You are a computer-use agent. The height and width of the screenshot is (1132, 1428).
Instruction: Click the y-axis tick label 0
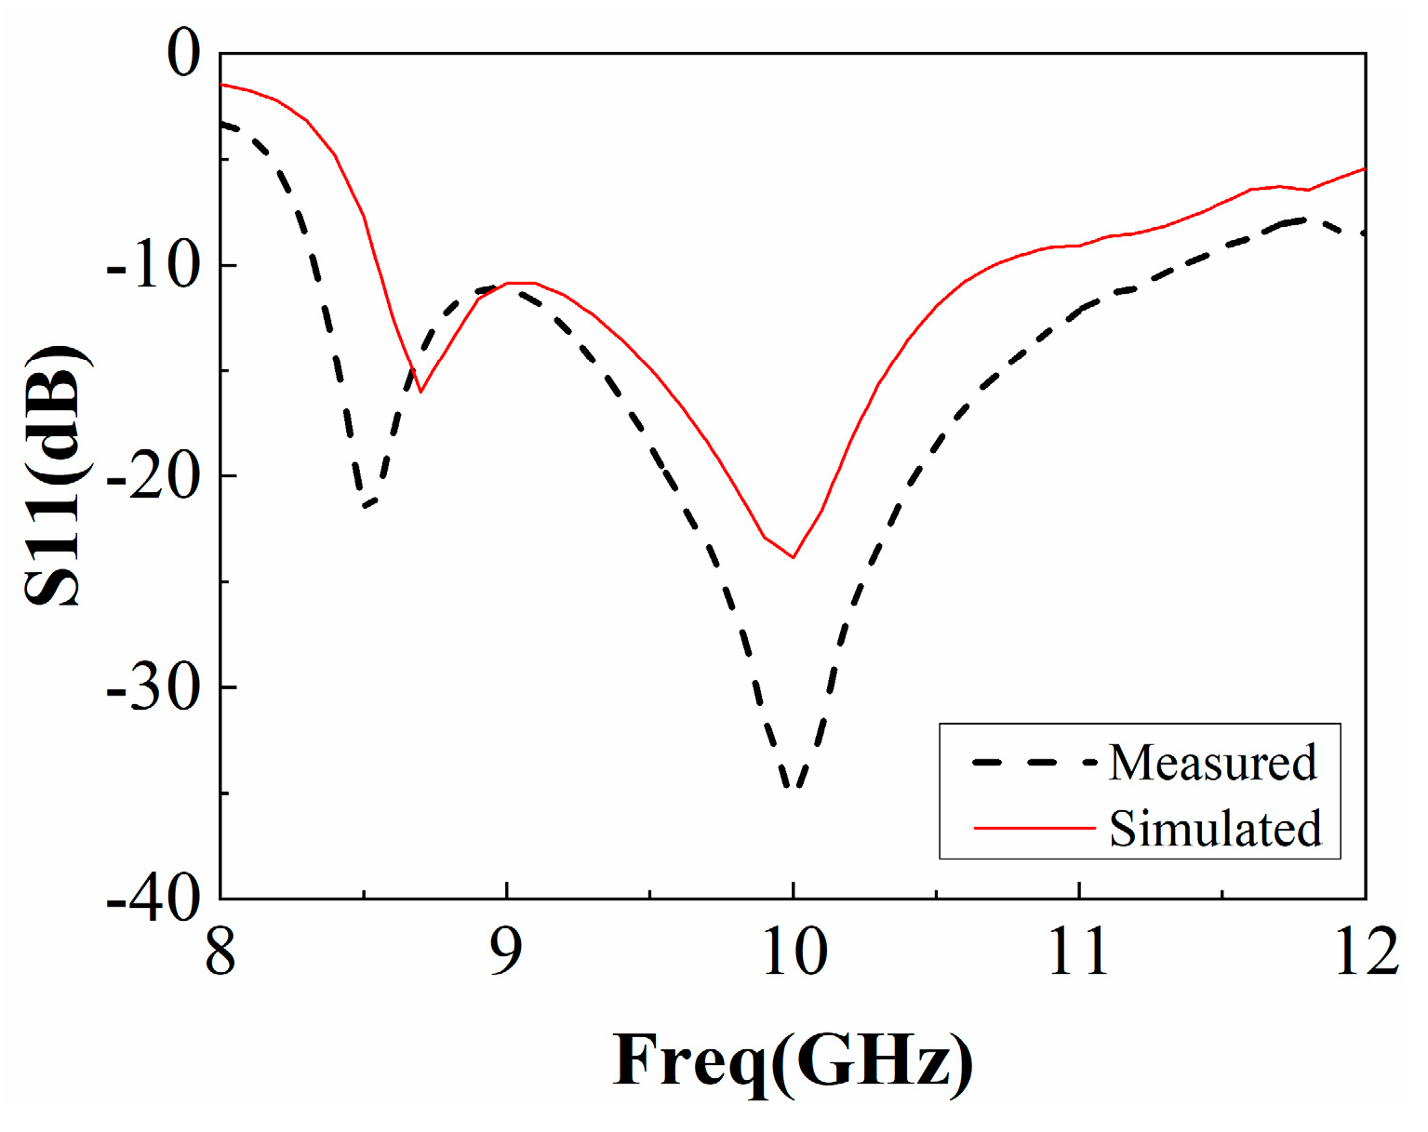(x=183, y=53)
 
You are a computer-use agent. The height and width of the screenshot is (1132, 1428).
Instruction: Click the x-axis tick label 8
(x=220, y=952)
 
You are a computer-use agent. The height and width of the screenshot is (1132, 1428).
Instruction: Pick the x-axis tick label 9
(x=506, y=952)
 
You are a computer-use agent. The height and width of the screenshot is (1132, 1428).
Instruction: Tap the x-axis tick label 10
(x=794, y=952)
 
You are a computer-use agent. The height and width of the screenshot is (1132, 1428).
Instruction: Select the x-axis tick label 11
(x=1079, y=952)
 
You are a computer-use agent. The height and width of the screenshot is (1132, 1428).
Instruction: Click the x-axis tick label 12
(x=1366, y=952)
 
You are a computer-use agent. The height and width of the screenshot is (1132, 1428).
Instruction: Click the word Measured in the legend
(x=1212, y=763)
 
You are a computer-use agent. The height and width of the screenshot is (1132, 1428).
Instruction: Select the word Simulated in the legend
(x=1215, y=828)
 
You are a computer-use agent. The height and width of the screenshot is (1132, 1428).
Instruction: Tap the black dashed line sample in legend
(x=1034, y=763)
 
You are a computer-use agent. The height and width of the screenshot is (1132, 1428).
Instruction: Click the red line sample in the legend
(x=1034, y=827)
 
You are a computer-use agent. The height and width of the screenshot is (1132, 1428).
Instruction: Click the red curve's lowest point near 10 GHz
(x=793, y=557)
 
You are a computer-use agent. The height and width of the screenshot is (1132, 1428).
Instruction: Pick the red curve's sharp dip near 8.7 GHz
(x=420, y=392)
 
